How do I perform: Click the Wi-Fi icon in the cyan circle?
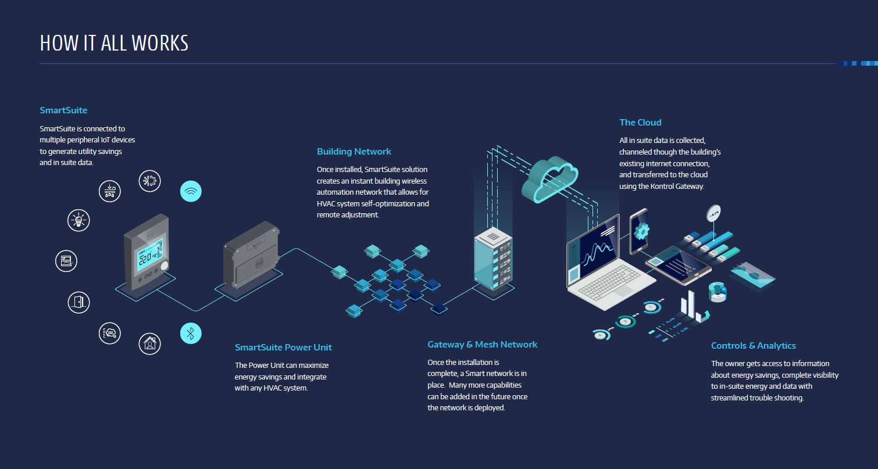click(x=191, y=191)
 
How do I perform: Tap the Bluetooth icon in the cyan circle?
click(x=191, y=333)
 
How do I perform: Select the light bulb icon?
click(x=78, y=220)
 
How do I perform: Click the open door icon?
click(x=78, y=302)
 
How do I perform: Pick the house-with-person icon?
click(x=150, y=343)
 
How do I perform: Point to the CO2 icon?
click(x=109, y=332)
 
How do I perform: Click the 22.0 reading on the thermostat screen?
click(x=144, y=257)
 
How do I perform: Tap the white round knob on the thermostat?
click(x=164, y=266)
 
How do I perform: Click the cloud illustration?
click(x=549, y=177)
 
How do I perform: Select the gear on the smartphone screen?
click(x=641, y=231)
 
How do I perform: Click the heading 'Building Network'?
click(x=354, y=152)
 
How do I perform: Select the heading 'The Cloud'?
click(x=640, y=123)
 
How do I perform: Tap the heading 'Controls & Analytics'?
click(x=753, y=346)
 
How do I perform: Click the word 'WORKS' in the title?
click(x=160, y=43)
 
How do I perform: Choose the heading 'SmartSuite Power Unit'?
click(x=283, y=348)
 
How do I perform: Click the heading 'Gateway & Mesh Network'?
click(x=482, y=345)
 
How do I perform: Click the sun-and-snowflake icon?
click(x=150, y=181)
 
